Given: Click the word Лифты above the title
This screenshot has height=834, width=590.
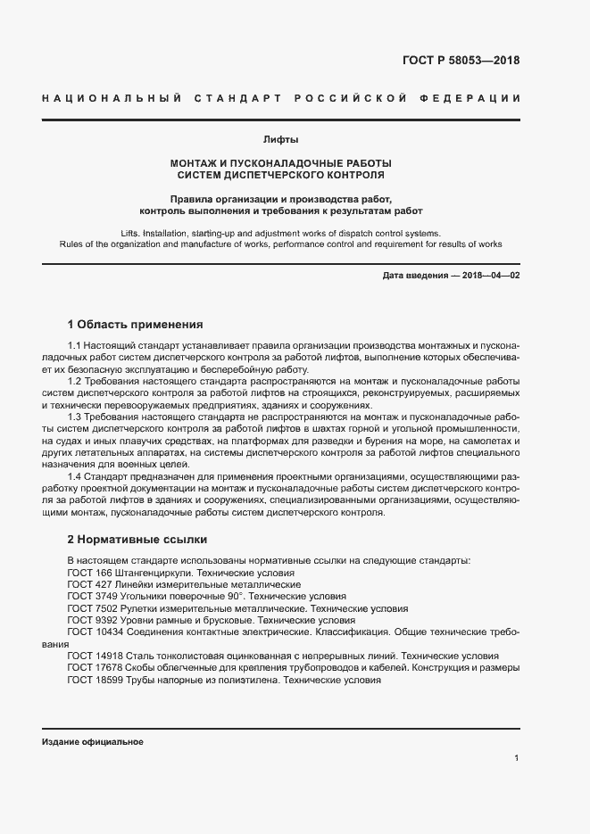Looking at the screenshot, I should pos(280,140).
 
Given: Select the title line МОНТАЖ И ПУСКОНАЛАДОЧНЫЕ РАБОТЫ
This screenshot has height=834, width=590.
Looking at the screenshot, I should pos(280,163).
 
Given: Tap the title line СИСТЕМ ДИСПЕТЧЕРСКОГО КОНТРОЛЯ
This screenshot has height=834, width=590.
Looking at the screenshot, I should pos(280,175).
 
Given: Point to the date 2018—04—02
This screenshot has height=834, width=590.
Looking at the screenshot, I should pos(490,276).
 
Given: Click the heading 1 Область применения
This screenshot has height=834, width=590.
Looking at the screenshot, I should pos(136,325).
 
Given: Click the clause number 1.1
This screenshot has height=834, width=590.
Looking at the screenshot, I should pos(76,345).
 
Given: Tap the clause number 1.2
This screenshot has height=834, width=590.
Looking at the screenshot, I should pos(76,382).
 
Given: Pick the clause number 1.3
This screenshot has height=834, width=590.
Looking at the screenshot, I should pos(76,417).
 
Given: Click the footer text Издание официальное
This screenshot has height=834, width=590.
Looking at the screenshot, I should pos(92,742).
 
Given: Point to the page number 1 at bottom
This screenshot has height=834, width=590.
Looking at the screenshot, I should pos(517,758).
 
